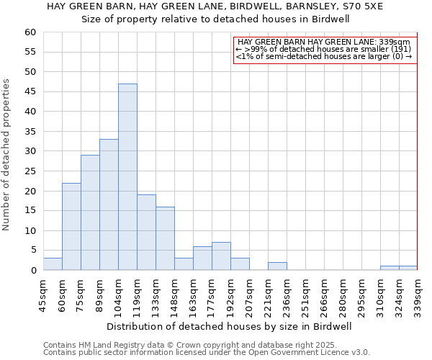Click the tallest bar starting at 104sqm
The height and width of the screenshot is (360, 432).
point(127,177)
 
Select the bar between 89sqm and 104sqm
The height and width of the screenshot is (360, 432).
point(109,204)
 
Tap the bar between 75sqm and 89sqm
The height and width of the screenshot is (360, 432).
point(90,212)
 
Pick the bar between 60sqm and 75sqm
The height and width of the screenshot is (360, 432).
point(71,227)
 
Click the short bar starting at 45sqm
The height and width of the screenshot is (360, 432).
point(53,264)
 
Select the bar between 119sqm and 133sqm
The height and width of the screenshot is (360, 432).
point(146,233)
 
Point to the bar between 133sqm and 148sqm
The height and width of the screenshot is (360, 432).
point(165,238)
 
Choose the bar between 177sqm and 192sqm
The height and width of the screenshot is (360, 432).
point(221,256)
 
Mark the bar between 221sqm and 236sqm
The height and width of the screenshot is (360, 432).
point(277,266)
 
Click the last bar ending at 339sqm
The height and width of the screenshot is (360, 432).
point(408,268)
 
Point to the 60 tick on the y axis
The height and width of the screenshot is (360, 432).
point(30,32)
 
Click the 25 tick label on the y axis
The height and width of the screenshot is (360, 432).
point(30,171)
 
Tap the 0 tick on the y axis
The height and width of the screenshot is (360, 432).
point(32,271)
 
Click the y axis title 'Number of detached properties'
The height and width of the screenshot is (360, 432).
point(6,155)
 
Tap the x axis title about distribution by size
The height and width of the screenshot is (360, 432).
point(230,326)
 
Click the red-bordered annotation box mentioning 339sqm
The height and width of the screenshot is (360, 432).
point(325,50)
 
